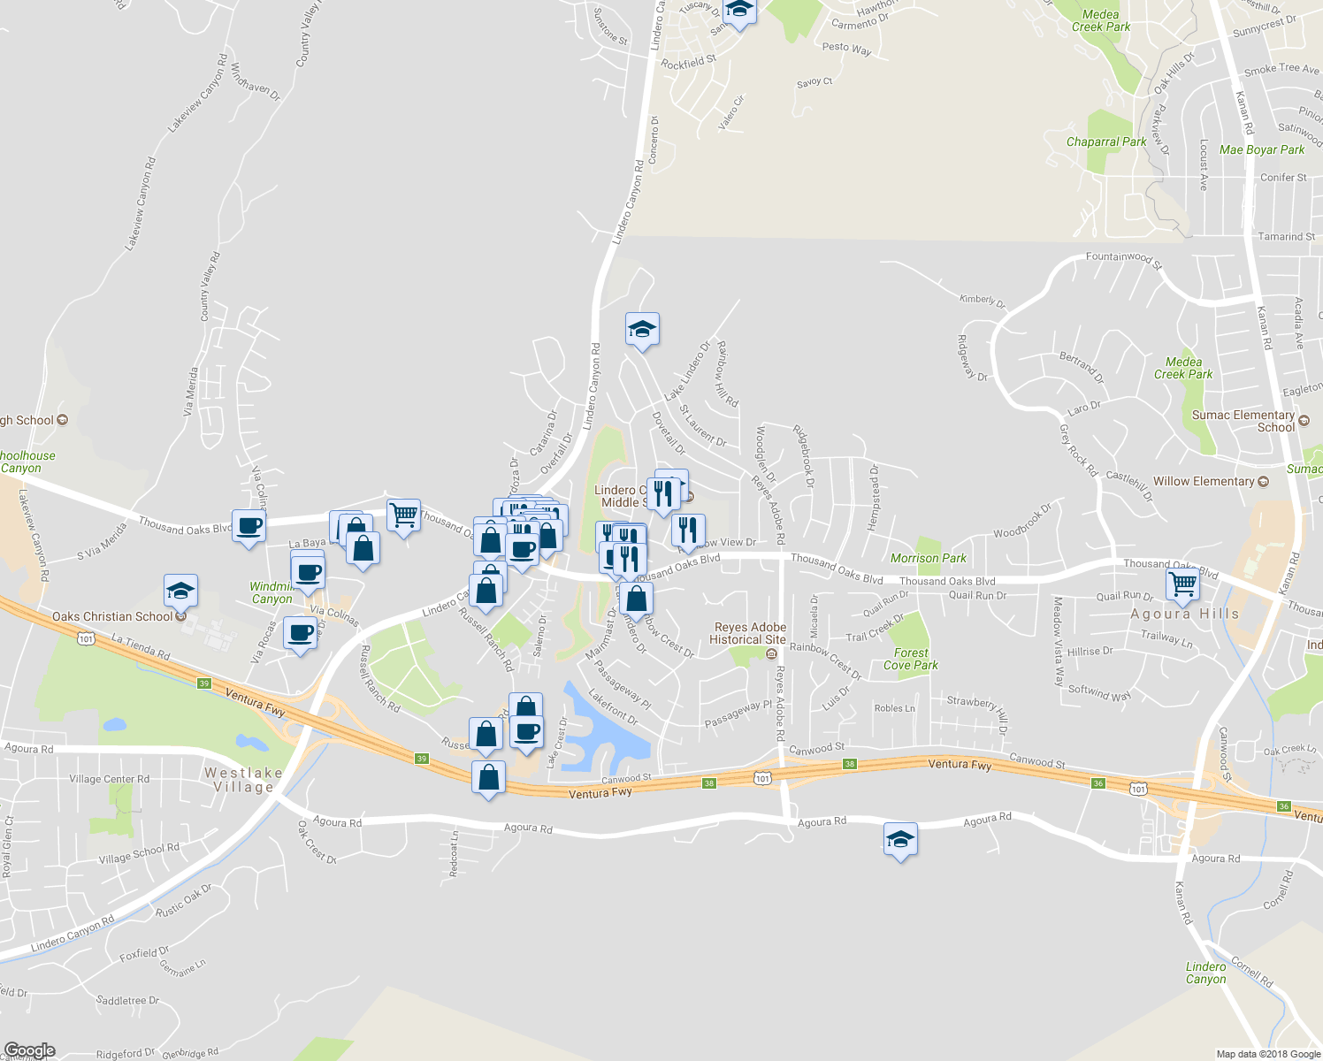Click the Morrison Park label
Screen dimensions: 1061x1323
pyautogui.click(x=928, y=558)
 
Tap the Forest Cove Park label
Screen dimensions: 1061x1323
pyautogui.click(x=910, y=659)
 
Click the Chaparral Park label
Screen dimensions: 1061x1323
pyautogui.click(x=1105, y=141)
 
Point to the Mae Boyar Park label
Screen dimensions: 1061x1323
pyautogui.click(x=1261, y=149)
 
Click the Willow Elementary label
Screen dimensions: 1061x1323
pyautogui.click(x=1203, y=481)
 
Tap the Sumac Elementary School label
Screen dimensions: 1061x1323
pyautogui.click(x=1243, y=421)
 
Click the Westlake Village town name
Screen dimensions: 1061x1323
pyautogui.click(x=243, y=780)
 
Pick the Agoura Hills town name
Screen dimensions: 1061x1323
pyautogui.click(x=1184, y=614)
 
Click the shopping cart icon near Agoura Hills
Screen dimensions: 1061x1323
pyautogui.click(x=1182, y=584)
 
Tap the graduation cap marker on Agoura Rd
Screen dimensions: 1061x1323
pyautogui.click(x=900, y=839)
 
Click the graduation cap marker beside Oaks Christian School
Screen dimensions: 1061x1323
pyautogui.click(x=180, y=591)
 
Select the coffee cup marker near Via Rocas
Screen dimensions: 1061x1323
pyautogui.click(x=300, y=633)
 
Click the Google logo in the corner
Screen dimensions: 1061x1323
pyautogui.click(x=29, y=1050)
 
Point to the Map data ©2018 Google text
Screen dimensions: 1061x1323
pyautogui.click(x=1267, y=1054)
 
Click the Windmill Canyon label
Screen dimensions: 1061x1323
pyautogui.click(x=271, y=592)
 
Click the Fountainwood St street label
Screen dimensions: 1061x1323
pyautogui.click(x=1123, y=258)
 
